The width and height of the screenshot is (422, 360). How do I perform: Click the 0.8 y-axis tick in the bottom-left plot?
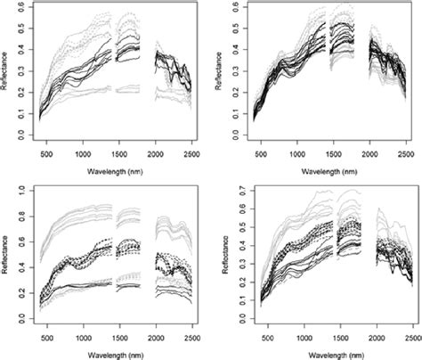point(20,217)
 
